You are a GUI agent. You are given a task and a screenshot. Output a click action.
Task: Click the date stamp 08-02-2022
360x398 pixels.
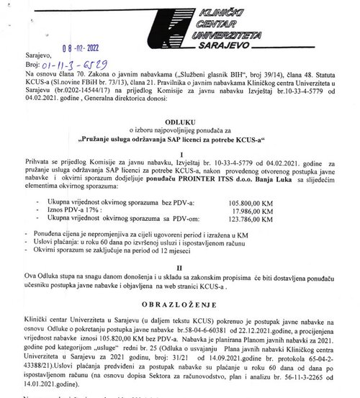[90, 52]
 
